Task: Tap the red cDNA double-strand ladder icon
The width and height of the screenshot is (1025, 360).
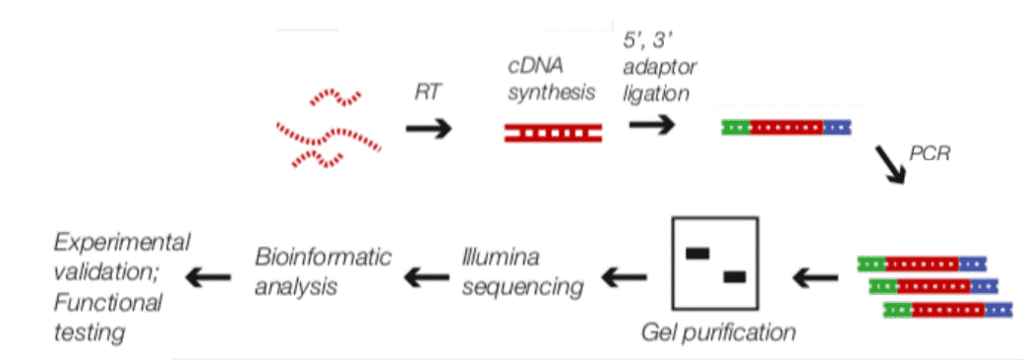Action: (x=554, y=132)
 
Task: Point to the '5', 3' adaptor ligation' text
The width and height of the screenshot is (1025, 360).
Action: (x=657, y=68)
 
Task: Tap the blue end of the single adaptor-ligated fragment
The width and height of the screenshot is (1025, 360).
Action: (x=837, y=127)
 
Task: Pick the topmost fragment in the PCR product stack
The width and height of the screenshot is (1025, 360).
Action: (x=922, y=263)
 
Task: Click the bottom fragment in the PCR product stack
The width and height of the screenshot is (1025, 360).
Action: (x=948, y=309)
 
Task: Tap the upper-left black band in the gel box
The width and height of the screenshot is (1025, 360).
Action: (x=697, y=253)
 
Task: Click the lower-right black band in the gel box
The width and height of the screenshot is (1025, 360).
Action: (x=734, y=277)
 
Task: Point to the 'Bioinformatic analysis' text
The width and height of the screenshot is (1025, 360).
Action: (x=323, y=272)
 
